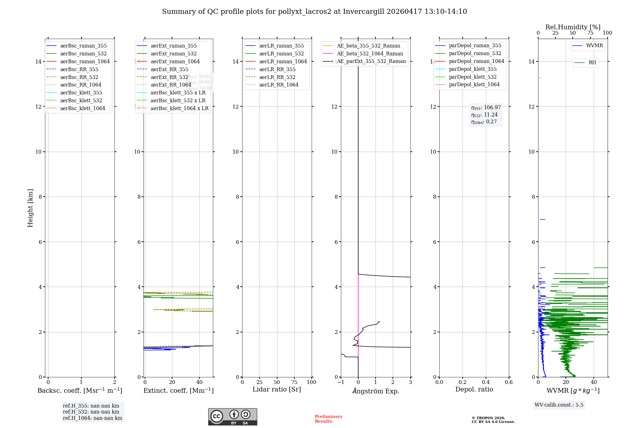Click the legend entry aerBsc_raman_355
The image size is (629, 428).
[x=83, y=46]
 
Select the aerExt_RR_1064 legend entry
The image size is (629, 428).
[x=171, y=85]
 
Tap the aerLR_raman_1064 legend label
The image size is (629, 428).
[x=283, y=62]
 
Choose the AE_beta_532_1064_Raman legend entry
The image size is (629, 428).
[x=370, y=54]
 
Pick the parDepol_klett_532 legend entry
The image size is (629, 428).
[x=473, y=77]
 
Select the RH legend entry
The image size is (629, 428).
[x=592, y=63]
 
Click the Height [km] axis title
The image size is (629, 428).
[x=30, y=208]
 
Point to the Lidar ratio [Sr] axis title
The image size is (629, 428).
[x=277, y=390]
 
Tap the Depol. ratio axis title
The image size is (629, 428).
[x=474, y=390]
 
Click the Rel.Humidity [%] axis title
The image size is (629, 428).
[x=573, y=27]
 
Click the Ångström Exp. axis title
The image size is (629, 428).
[x=376, y=391]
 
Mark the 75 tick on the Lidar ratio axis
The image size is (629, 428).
[x=294, y=382]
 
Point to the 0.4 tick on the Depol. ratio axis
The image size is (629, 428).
[x=486, y=382]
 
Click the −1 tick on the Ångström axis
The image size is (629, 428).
[x=341, y=382]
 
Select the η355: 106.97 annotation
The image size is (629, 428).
[x=486, y=108]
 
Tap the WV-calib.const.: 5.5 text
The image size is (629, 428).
[x=559, y=405]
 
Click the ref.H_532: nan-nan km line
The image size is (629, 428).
[x=91, y=412]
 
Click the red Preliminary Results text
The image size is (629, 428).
[x=328, y=419]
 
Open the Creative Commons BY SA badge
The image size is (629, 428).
[x=232, y=417]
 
